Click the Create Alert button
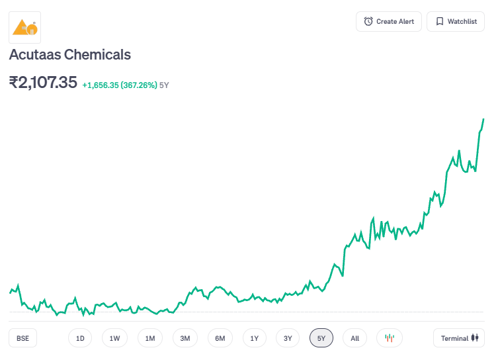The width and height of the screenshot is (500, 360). pyautogui.click(x=388, y=22)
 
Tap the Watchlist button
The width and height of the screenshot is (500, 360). pyautogui.click(x=455, y=22)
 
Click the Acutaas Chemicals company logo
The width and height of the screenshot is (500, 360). pyautogui.click(x=25, y=27)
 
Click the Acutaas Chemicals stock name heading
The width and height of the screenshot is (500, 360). pyautogui.click(x=70, y=55)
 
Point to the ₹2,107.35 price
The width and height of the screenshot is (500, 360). pyautogui.click(x=43, y=83)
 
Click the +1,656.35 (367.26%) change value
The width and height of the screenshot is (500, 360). pyautogui.click(x=120, y=85)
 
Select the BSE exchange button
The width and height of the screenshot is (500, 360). pyautogui.click(x=23, y=338)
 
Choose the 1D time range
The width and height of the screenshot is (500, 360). pyautogui.click(x=80, y=338)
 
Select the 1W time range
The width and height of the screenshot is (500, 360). pyautogui.click(x=114, y=338)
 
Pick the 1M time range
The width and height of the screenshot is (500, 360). pyautogui.click(x=150, y=338)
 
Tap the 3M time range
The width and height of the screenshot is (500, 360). pyautogui.click(x=185, y=338)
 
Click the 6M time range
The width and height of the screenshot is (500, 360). pyautogui.click(x=220, y=338)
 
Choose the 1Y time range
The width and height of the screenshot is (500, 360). pyautogui.click(x=255, y=338)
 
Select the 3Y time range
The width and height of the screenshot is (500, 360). pyautogui.click(x=288, y=338)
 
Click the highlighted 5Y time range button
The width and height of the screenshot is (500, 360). pyautogui.click(x=321, y=338)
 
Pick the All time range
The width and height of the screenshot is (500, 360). pyautogui.click(x=355, y=338)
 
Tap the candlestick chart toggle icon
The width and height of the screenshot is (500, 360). pyautogui.click(x=390, y=338)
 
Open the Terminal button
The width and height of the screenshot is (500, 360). pyautogui.click(x=459, y=338)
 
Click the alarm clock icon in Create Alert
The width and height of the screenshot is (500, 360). pyautogui.click(x=368, y=22)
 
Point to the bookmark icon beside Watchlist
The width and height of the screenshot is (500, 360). pyautogui.click(x=439, y=22)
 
